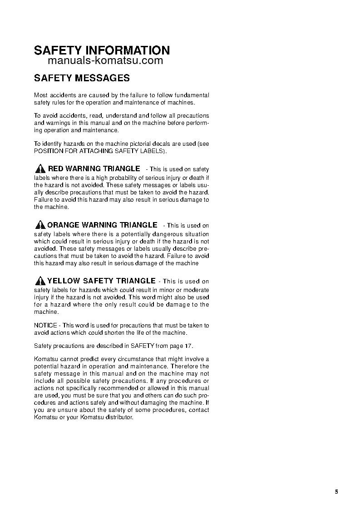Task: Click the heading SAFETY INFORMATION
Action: coord(102,50)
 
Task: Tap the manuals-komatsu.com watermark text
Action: coord(105,61)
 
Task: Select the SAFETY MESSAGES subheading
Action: coord(82,78)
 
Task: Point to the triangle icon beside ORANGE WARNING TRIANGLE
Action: coord(40,225)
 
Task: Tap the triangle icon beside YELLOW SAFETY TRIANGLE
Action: coord(40,281)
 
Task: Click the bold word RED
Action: coord(56,169)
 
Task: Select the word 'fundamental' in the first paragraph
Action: coord(193,95)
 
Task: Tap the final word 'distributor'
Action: coord(117,417)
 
